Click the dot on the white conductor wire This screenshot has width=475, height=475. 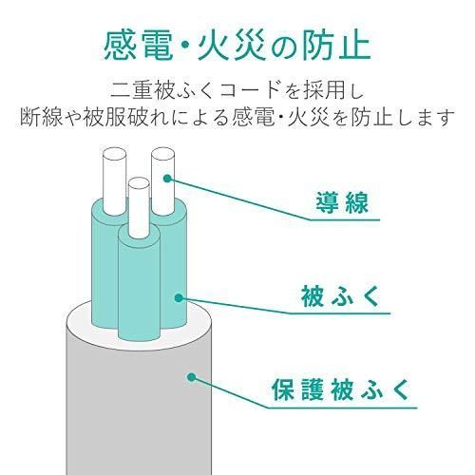pyautogui.click(x=167, y=177)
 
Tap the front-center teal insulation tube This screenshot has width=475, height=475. pyautogui.click(x=139, y=285)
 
